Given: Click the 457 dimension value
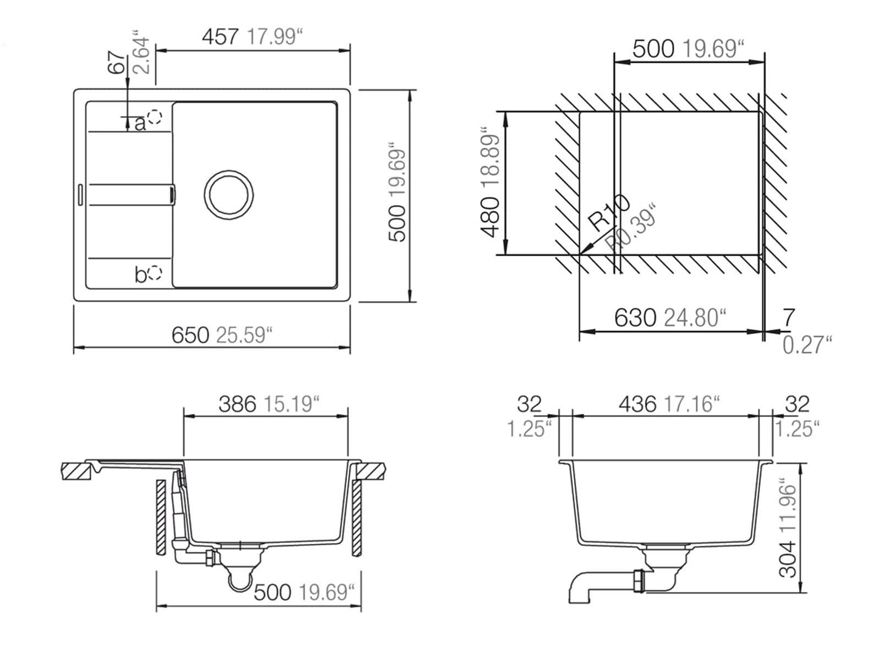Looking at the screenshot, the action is tap(220, 37).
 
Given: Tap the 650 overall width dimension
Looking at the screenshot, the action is tap(190, 335).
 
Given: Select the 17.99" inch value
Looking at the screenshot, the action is tap(274, 37).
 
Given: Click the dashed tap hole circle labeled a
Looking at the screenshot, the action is tap(155, 117).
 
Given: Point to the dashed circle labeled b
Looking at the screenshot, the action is tap(155, 273).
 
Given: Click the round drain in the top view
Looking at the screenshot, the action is tap(228, 195).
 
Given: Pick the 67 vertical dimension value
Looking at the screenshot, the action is tap(117, 63).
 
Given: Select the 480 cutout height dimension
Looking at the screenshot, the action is tap(490, 217).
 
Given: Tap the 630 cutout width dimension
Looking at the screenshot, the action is tap(635, 318).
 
